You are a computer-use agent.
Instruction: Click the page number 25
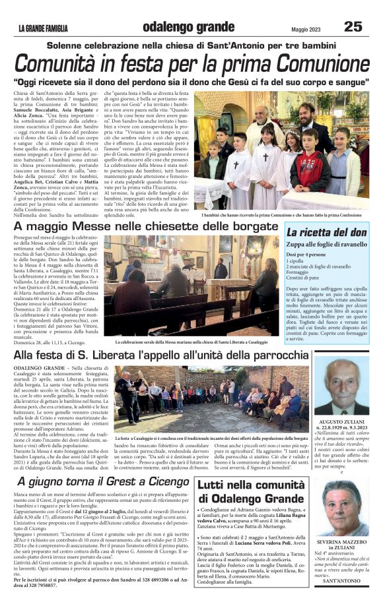pos(353,27)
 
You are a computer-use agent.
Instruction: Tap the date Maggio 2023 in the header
pos(308,28)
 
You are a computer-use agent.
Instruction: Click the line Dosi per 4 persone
pos(308,254)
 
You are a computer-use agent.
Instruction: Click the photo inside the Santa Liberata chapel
pos(191,286)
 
